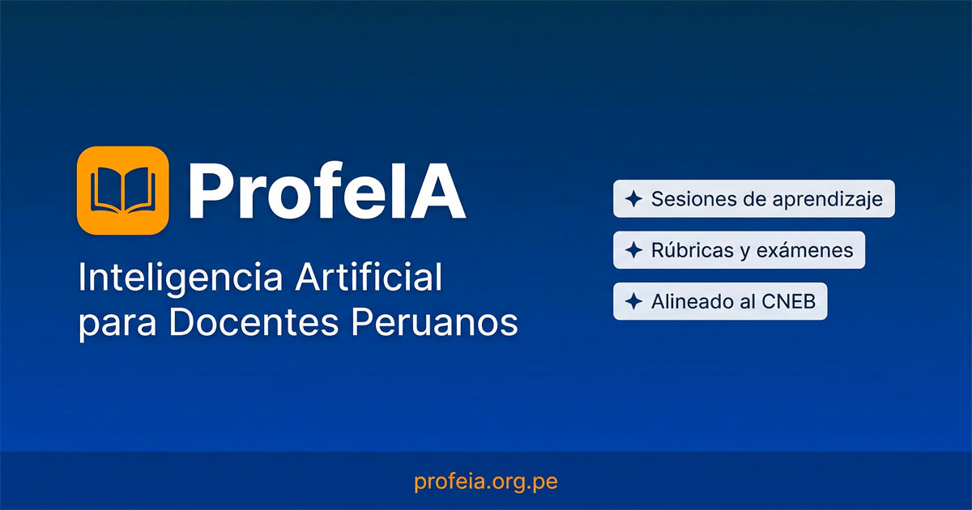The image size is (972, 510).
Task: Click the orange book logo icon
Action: point(122,190)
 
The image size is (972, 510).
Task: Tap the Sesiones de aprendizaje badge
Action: point(753,198)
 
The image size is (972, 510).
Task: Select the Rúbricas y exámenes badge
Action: point(739,250)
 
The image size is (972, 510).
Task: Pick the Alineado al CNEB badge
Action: point(720,302)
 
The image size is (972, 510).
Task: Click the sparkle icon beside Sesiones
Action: point(633,199)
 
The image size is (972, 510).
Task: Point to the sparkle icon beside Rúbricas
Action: point(633,251)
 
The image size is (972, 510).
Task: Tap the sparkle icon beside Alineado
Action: point(633,303)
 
